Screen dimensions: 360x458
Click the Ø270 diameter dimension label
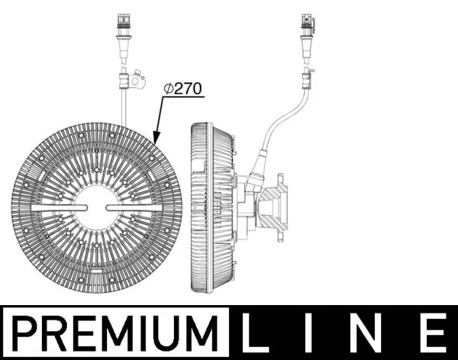[x=182, y=88]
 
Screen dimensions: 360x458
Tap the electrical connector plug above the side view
[x=307, y=31]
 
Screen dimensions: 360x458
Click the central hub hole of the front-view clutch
[x=97, y=207]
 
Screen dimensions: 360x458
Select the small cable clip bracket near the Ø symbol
[x=137, y=79]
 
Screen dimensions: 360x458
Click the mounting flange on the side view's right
[x=279, y=207]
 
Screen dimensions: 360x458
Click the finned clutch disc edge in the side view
[x=200, y=207]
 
